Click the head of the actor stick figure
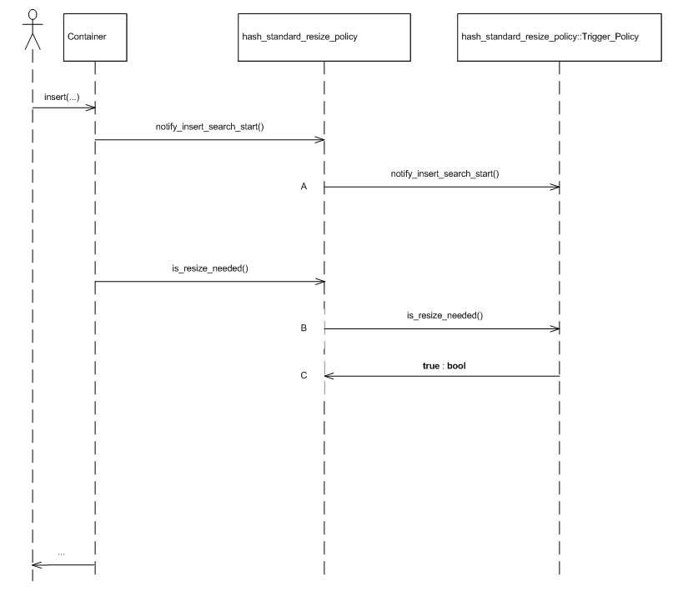[x=33, y=15]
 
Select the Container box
[x=95, y=38]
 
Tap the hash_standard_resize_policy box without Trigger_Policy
[x=324, y=38]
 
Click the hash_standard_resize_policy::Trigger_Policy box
[x=559, y=38]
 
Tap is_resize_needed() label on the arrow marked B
[x=440, y=317]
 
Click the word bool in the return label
[x=457, y=365]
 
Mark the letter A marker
[x=304, y=188]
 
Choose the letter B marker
[x=304, y=329]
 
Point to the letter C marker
[x=304, y=377]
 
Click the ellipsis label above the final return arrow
[x=63, y=553]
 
